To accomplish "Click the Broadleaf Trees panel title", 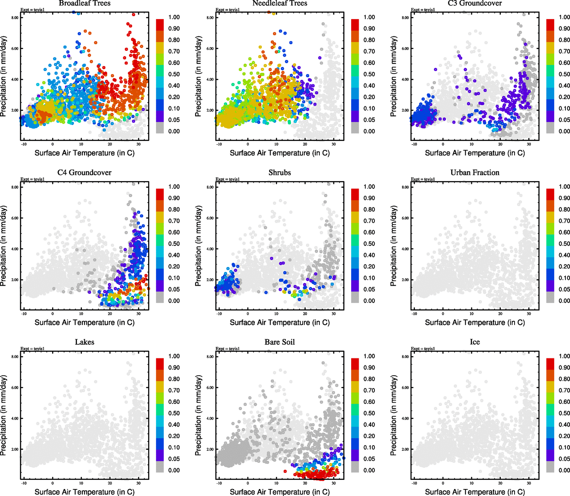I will (84, 3).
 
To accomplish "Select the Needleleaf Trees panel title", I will (280, 3).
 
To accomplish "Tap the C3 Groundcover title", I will (475, 3).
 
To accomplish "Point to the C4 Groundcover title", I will (84, 172).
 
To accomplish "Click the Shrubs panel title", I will (280, 172).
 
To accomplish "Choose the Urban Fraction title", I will (475, 172).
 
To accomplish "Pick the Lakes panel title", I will (84, 342).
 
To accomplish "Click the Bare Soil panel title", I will (280, 342).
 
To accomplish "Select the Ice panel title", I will (475, 342).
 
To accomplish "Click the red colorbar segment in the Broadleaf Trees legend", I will (160, 24).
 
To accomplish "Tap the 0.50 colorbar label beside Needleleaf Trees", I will (369, 74).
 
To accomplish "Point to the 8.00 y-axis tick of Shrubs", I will (210, 187).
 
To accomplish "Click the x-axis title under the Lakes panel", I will (84, 492).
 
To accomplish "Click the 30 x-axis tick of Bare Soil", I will (333, 483).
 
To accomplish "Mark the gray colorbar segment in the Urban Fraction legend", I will (550, 297).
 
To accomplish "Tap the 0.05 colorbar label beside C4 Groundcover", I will (174, 289).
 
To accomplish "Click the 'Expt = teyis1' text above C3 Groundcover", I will (423, 10).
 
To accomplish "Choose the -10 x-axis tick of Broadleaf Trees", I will (24, 144).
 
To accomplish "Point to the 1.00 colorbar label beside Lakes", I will (174, 356).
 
